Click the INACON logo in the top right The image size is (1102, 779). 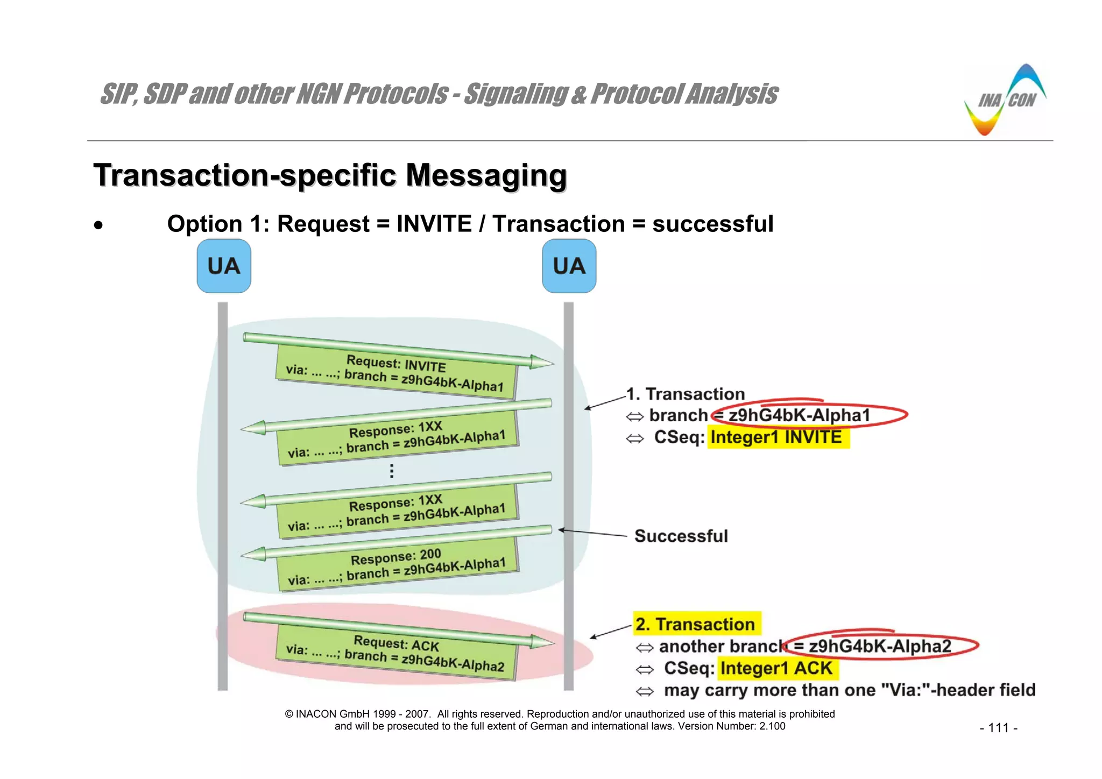coord(1005,101)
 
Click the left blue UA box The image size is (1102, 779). coord(224,266)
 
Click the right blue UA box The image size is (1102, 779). coord(569,266)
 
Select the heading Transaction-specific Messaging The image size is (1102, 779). coord(330,175)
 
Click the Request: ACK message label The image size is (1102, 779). coord(395,653)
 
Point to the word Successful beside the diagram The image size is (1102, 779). coord(681,536)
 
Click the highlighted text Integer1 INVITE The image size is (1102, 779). coord(776,437)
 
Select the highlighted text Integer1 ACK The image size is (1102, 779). coord(776,668)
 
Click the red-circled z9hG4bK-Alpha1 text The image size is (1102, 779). coord(799,415)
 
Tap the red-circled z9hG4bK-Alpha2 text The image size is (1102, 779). coord(880,646)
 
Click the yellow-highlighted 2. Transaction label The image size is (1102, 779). coord(695,624)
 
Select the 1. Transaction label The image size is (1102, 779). coord(686,394)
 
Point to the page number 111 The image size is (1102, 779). coord(999,728)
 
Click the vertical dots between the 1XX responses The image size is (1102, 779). coord(392,471)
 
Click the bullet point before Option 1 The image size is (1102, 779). coord(98,225)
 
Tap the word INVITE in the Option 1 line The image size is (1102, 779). coord(434,224)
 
